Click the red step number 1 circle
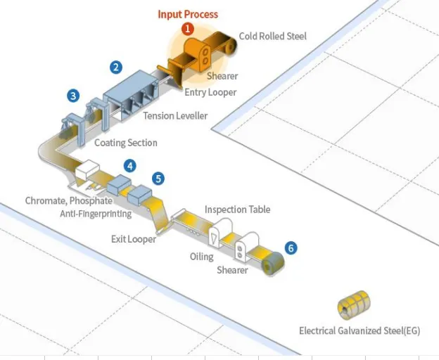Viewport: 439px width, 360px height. (188, 29)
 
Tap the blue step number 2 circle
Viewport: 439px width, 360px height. (116, 67)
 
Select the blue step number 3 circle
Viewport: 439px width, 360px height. (73, 96)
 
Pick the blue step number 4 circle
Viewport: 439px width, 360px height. (130, 166)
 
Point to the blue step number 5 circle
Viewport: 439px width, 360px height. (158, 179)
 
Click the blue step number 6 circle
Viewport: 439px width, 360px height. (291, 248)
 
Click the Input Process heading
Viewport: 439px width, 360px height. (188, 14)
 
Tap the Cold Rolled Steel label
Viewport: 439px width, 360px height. (273, 36)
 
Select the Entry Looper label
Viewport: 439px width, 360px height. (210, 92)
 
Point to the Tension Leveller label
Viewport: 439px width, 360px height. (175, 116)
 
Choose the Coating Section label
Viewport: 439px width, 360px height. (126, 143)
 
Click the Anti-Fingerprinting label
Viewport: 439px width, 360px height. (96, 214)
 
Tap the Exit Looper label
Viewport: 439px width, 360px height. (134, 239)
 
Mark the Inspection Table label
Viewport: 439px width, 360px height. (237, 210)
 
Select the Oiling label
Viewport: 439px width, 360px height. (202, 257)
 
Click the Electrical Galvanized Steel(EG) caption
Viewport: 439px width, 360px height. (360, 331)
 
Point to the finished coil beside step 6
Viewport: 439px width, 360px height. (273, 263)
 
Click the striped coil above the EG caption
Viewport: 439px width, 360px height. (354, 305)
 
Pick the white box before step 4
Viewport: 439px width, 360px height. (87, 169)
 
